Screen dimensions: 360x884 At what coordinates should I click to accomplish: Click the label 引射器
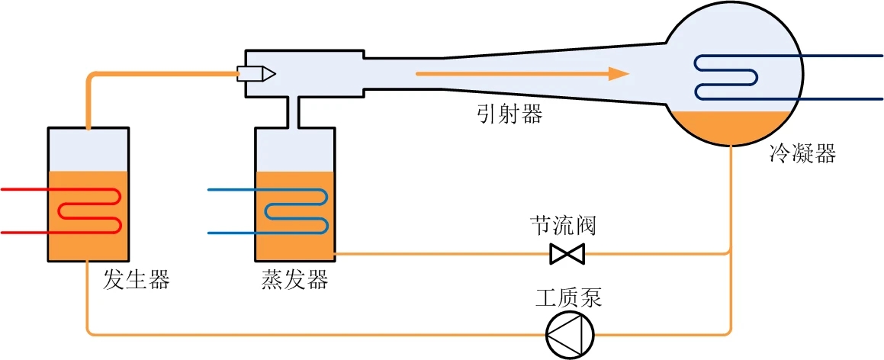[510, 114]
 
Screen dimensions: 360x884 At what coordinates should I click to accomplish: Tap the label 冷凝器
[803, 155]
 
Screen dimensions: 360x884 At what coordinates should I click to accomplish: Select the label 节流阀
[563, 226]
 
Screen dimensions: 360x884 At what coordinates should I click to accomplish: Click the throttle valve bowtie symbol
[567, 253]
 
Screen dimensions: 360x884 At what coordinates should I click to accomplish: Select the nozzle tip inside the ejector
[268, 74]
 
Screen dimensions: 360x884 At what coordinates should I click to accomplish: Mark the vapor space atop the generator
[88, 150]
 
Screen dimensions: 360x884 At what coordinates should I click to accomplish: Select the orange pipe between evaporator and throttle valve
[442, 253]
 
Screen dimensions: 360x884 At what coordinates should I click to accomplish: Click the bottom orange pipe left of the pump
[305, 334]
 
